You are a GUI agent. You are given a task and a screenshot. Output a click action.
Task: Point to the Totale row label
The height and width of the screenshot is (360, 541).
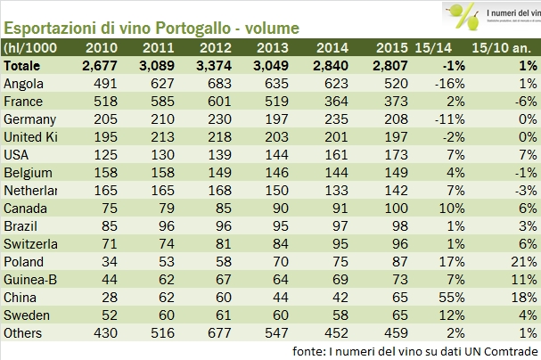(x=25, y=66)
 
